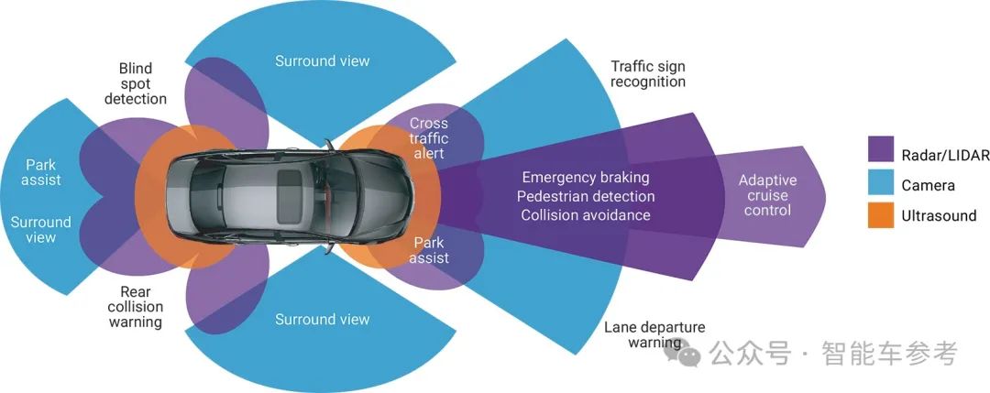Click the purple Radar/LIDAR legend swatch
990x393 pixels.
point(880,148)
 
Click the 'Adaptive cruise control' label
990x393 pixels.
point(767,195)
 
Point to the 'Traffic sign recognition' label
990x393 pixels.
point(648,74)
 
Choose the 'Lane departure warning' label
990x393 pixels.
point(654,335)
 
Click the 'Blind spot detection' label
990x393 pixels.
point(136,83)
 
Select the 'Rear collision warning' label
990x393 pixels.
point(136,307)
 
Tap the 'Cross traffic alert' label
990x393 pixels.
point(428,138)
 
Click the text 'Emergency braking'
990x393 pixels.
point(585,177)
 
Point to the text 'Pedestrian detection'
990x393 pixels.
point(586,196)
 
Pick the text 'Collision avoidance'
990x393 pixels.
point(586,215)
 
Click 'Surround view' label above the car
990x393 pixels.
point(323,61)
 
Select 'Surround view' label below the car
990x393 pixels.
point(323,320)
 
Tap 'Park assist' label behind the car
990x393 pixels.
point(41,172)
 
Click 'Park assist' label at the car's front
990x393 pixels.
point(429,250)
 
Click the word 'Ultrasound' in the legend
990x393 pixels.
point(939,216)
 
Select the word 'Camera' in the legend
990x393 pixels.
point(928,185)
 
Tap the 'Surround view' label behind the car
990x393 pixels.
point(40,230)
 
